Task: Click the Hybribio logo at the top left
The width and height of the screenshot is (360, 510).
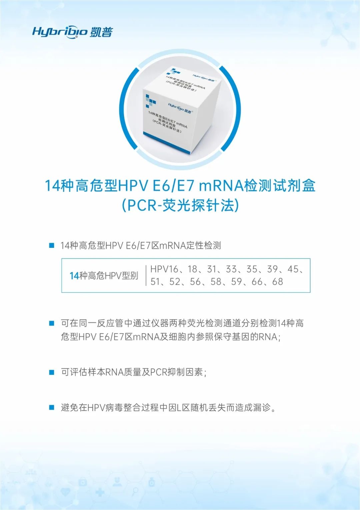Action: pyautogui.click(x=73, y=32)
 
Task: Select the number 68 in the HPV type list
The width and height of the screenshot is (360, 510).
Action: pyautogui.click(x=278, y=281)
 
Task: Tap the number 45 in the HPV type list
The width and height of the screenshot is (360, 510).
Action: pyautogui.click(x=293, y=269)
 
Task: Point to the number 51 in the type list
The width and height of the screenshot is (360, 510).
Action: pyautogui.click(x=155, y=281)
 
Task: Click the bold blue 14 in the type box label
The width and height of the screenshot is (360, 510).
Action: pyautogui.click(x=74, y=276)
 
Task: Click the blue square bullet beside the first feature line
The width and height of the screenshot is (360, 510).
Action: pyautogui.click(x=52, y=246)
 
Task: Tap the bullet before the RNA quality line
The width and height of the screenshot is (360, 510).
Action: pyautogui.click(x=52, y=372)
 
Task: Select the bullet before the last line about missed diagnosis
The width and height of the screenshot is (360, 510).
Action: pyautogui.click(x=52, y=407)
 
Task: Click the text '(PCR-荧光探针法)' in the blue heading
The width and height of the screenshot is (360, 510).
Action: pyautogui.click(x=180, y=206)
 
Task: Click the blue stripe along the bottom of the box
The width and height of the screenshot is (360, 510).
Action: pyautogui.click(x=167, y=143)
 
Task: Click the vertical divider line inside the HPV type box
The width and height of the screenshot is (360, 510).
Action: pyautogui.click(x=146, y=275)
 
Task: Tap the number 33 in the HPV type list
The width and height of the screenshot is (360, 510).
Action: pyautogui.click(x=231, y=269)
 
